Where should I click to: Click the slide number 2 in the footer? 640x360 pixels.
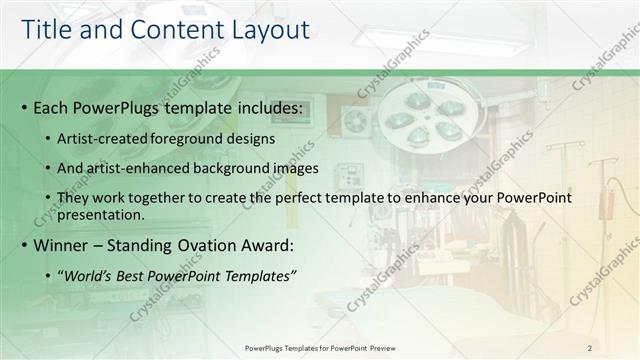coord(590,347)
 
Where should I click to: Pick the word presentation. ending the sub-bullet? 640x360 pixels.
coord(102,214)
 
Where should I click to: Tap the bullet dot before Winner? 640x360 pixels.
coord(23,246)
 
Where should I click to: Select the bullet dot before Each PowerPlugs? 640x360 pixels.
coord(23,108)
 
